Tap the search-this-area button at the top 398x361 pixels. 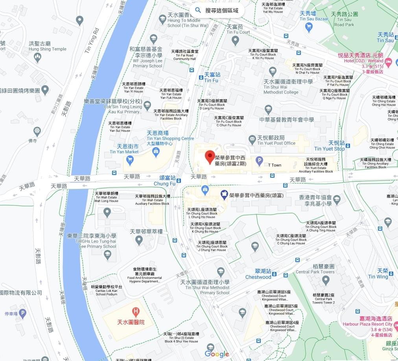217,11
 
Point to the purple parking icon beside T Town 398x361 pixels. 259,160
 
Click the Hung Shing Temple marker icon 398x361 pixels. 38,57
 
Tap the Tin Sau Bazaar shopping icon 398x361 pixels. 309,27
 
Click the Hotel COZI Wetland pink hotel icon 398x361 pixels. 388,62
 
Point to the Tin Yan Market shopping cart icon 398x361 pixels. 130,160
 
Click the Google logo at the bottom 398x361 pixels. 217,354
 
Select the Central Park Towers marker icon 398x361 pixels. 326,280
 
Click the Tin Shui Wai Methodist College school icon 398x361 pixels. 272,71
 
